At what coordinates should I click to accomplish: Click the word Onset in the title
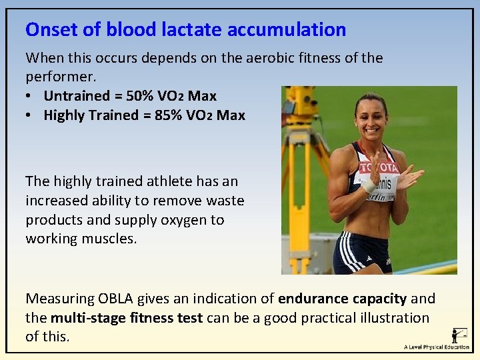pyautogui.click(x=51, y=30)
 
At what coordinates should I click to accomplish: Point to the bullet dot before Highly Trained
pyautogui.click(x=30, y=115)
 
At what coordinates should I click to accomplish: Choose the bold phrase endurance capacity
pyautogui.click(x=342, y=299)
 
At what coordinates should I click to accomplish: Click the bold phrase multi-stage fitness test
pyautogui.click(x=127, y=318)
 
